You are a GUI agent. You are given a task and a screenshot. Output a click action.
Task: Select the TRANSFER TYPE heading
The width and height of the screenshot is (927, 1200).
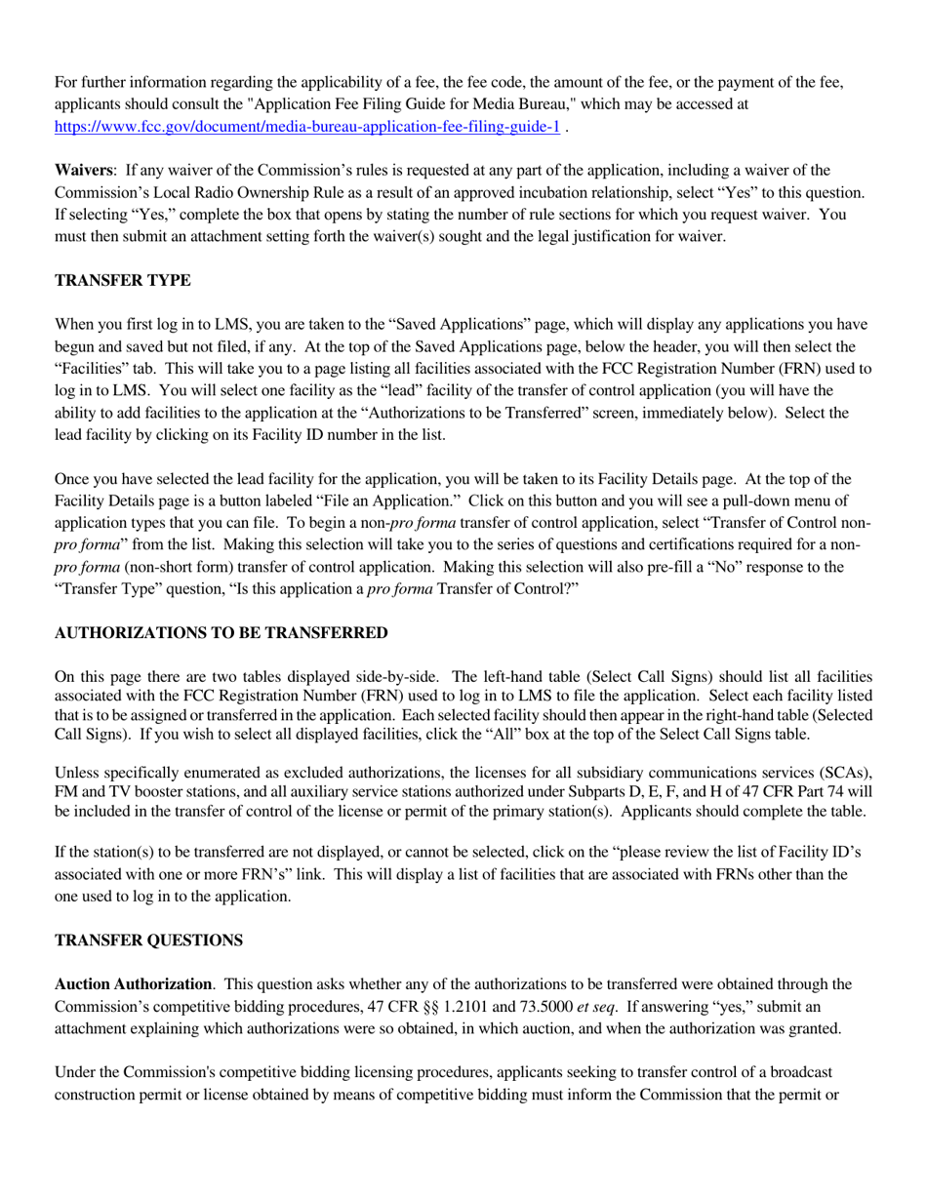click(123, 281)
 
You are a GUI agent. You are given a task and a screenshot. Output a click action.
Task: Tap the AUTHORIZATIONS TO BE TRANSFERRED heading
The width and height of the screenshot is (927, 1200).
click(222, 633)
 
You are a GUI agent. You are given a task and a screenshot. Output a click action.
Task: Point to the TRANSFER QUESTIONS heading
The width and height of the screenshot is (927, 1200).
click(148, 940)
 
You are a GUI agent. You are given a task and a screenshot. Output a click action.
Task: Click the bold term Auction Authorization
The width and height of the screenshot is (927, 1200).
click(133, 984)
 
